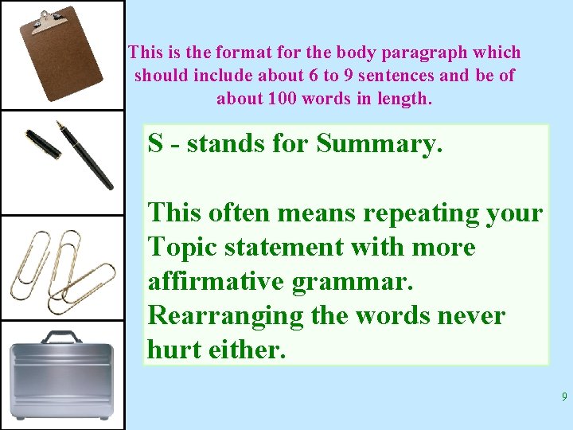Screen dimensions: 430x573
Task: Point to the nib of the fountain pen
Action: (x=59, y=125)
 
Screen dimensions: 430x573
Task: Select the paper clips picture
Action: (x=61, y=268)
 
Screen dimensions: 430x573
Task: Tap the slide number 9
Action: (x=563, y=397)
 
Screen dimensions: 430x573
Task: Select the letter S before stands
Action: (x=156, y=144)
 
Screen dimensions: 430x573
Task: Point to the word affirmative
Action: (x=210, y=281)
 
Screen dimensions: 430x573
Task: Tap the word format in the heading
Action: (x=216, y=53)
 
